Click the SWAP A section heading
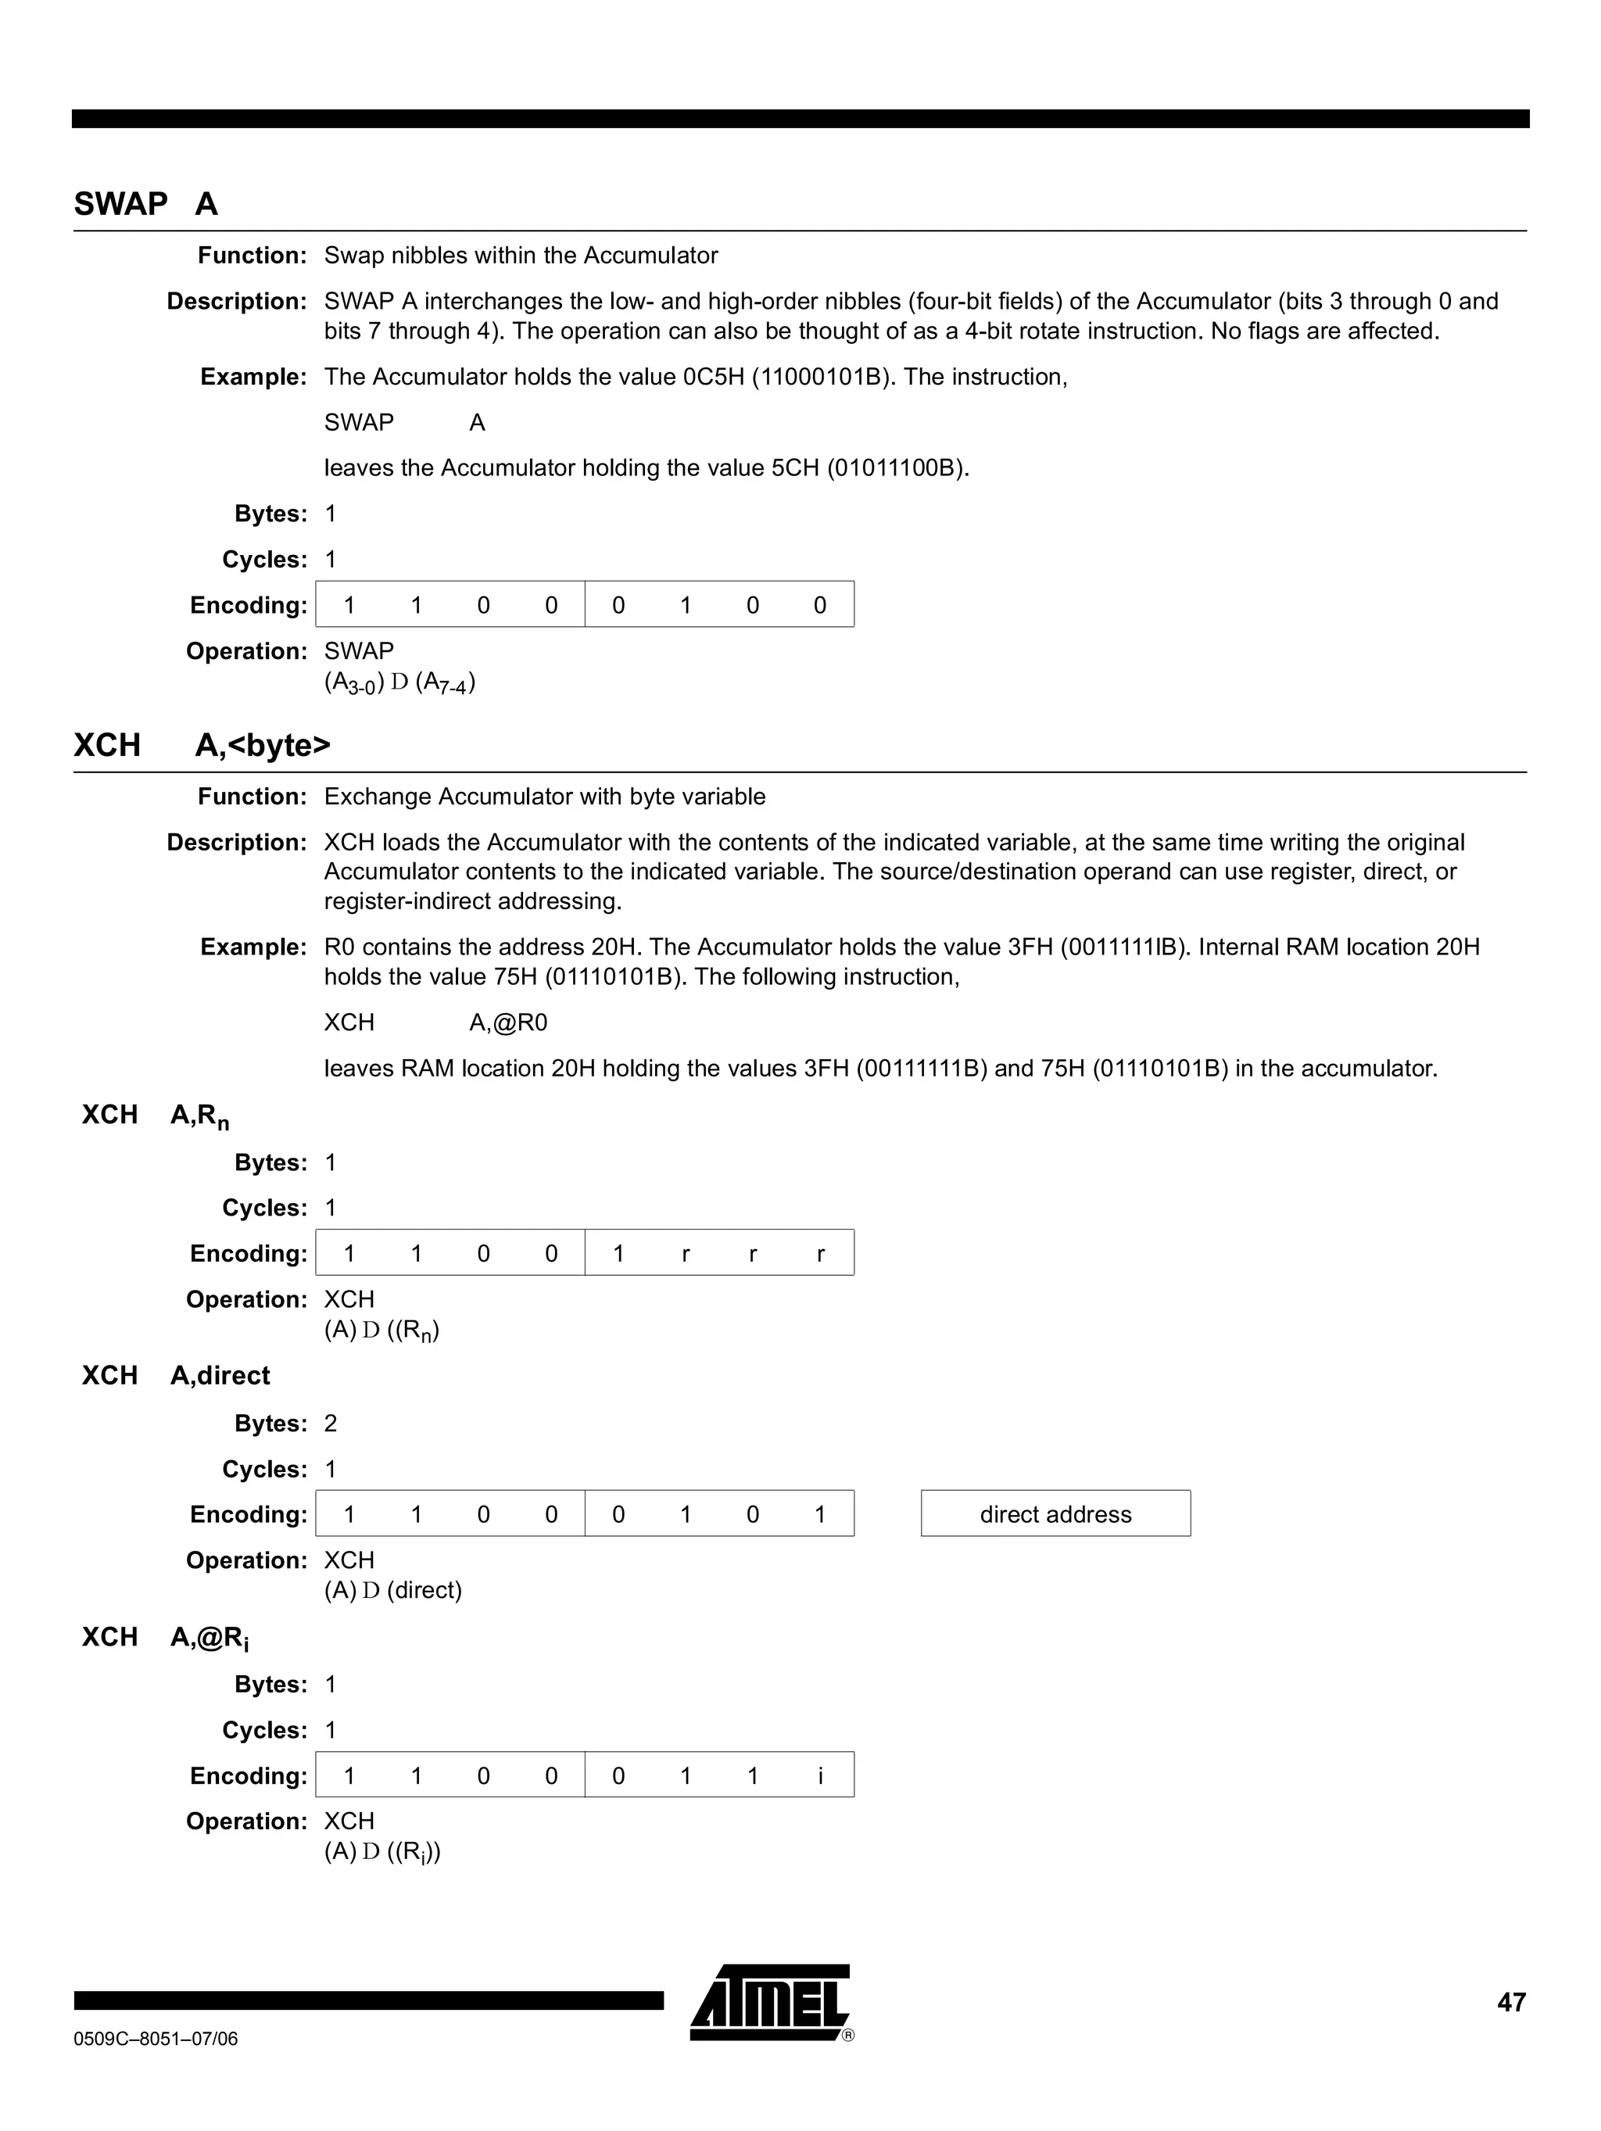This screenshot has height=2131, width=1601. [x=146, y=204]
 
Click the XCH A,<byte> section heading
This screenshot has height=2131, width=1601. [x=202, y=746]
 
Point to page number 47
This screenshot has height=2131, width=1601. [x=1510, y=2002]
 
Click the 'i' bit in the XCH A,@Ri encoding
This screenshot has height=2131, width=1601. [x=820, y=1775]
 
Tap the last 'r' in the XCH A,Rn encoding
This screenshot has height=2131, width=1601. [x=820, y=1253]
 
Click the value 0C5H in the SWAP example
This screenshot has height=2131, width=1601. [x=713, y=377]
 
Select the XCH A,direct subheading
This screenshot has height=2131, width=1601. [x=177, y=1376]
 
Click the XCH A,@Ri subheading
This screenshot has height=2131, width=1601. [x=166, y=1638]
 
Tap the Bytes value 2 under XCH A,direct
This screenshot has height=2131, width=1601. [x=331, y=1424]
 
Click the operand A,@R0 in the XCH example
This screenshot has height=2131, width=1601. [x=507, y=1023]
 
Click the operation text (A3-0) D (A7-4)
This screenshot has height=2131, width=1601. [x=399, y=683]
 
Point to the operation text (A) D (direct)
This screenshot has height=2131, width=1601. [x=393, y=1591]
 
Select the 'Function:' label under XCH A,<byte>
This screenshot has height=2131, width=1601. [x=252, y=797]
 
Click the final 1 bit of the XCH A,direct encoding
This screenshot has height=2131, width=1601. [x=820, y=1514]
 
